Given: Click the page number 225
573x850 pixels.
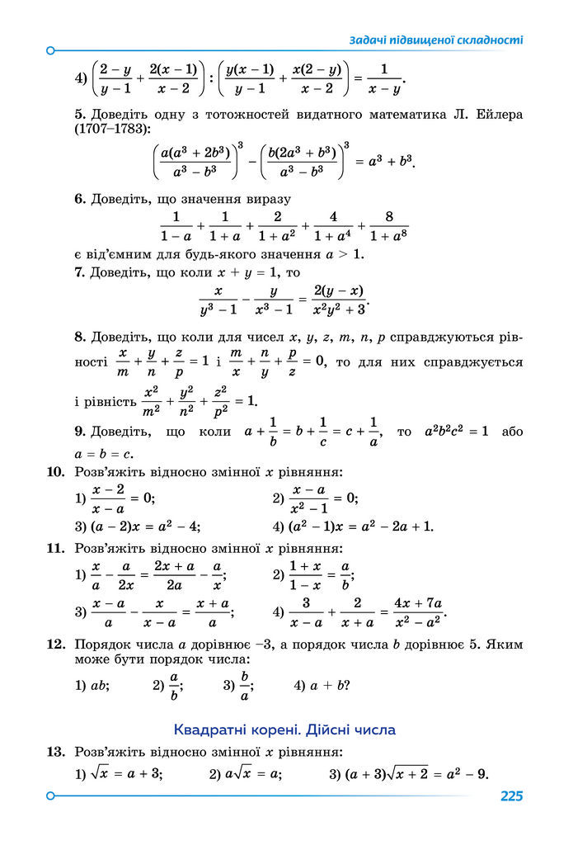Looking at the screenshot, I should point(510,796).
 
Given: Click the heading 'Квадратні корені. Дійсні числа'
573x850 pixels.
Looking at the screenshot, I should point(285,730).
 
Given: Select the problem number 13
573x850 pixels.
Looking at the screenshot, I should point(55,752).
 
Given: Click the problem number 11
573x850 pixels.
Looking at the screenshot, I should point(55,548).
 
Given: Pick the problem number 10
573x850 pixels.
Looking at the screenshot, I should point(55,473).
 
